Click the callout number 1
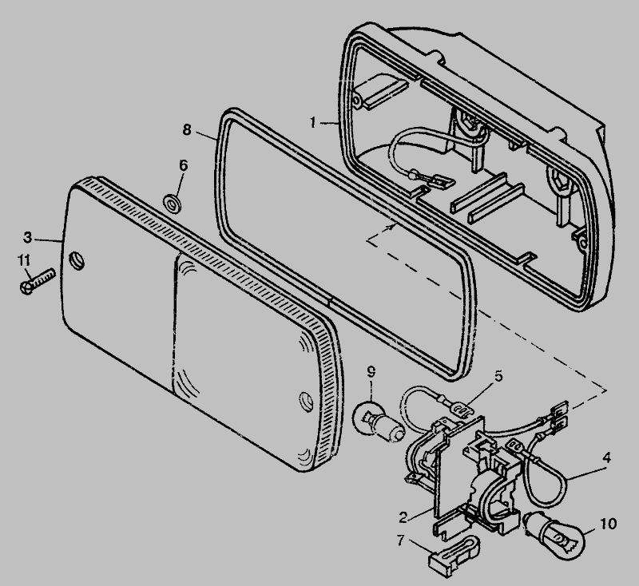click(x=312, y=122)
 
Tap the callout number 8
click(x=187, y=130)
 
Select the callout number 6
click(x=184, y=165)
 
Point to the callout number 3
click(x=27, y=237)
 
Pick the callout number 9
click(x=371, y=372)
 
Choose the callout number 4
click(x=606, y=457)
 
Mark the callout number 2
click(x=403, y=517)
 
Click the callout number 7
click(x=401, y=540)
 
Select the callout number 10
click(x=609, y=524)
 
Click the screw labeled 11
click(x=37, y=281)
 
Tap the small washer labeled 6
click(x=173, y=204)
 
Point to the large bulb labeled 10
click(x=554, y=533)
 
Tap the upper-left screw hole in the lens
click(x=77, y=260)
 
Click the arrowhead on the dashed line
click(x=392, y=227)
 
